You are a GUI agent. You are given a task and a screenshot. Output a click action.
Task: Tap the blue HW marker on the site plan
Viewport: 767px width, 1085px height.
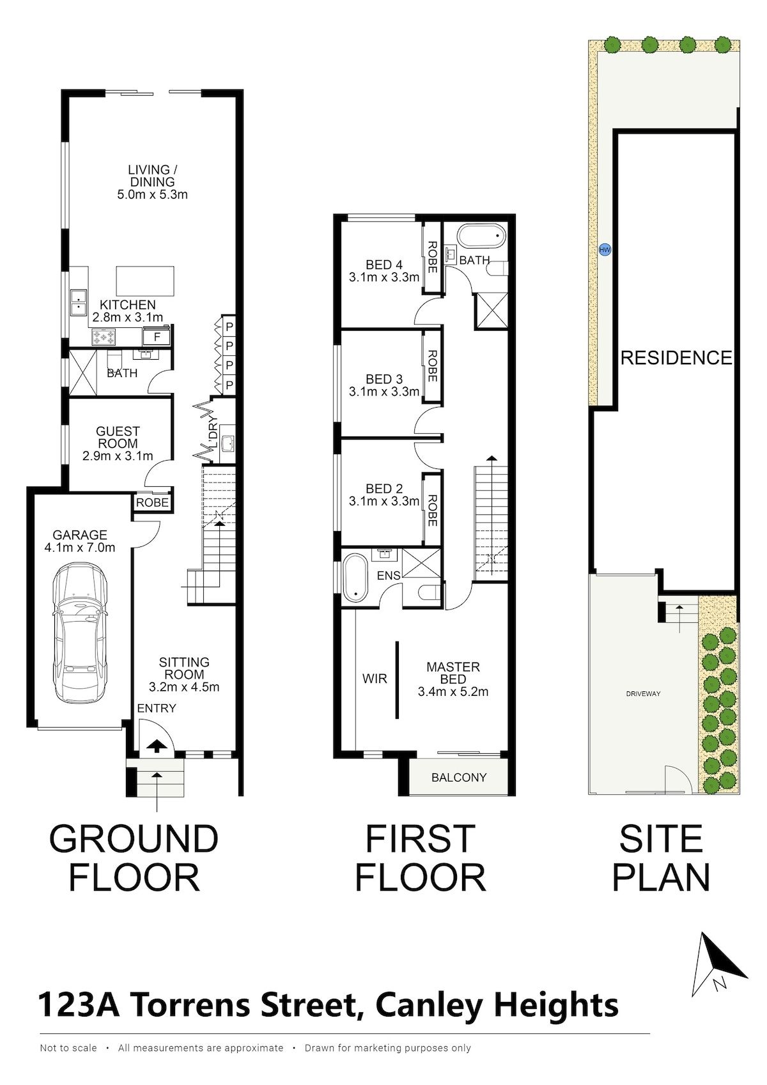(604, 250)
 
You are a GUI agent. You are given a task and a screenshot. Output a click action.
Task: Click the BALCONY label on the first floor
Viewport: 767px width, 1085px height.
(459, 778)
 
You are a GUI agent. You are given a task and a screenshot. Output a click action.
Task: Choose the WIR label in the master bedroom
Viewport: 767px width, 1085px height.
(375, 679)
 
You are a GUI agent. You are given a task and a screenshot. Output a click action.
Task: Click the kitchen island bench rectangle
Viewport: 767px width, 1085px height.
(145, 281)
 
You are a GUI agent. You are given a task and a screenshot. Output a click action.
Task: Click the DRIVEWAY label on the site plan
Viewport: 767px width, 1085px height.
(643, 694)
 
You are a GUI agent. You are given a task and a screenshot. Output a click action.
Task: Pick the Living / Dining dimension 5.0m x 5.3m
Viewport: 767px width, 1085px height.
(152, 195)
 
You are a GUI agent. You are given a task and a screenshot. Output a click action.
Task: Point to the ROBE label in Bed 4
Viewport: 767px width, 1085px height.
(432, 258)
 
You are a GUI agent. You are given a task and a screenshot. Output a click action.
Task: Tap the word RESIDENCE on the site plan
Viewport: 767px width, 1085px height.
(676, 358)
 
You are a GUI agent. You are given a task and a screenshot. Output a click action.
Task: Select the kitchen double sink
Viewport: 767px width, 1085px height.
(77, 302)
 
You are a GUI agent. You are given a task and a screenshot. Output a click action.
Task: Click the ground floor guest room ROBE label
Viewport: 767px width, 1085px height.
(152, 503)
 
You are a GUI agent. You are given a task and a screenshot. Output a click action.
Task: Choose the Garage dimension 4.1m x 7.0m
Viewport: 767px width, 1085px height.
(80, 548)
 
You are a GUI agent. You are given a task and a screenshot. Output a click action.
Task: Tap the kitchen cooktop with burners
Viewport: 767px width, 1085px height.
(105, 337)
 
